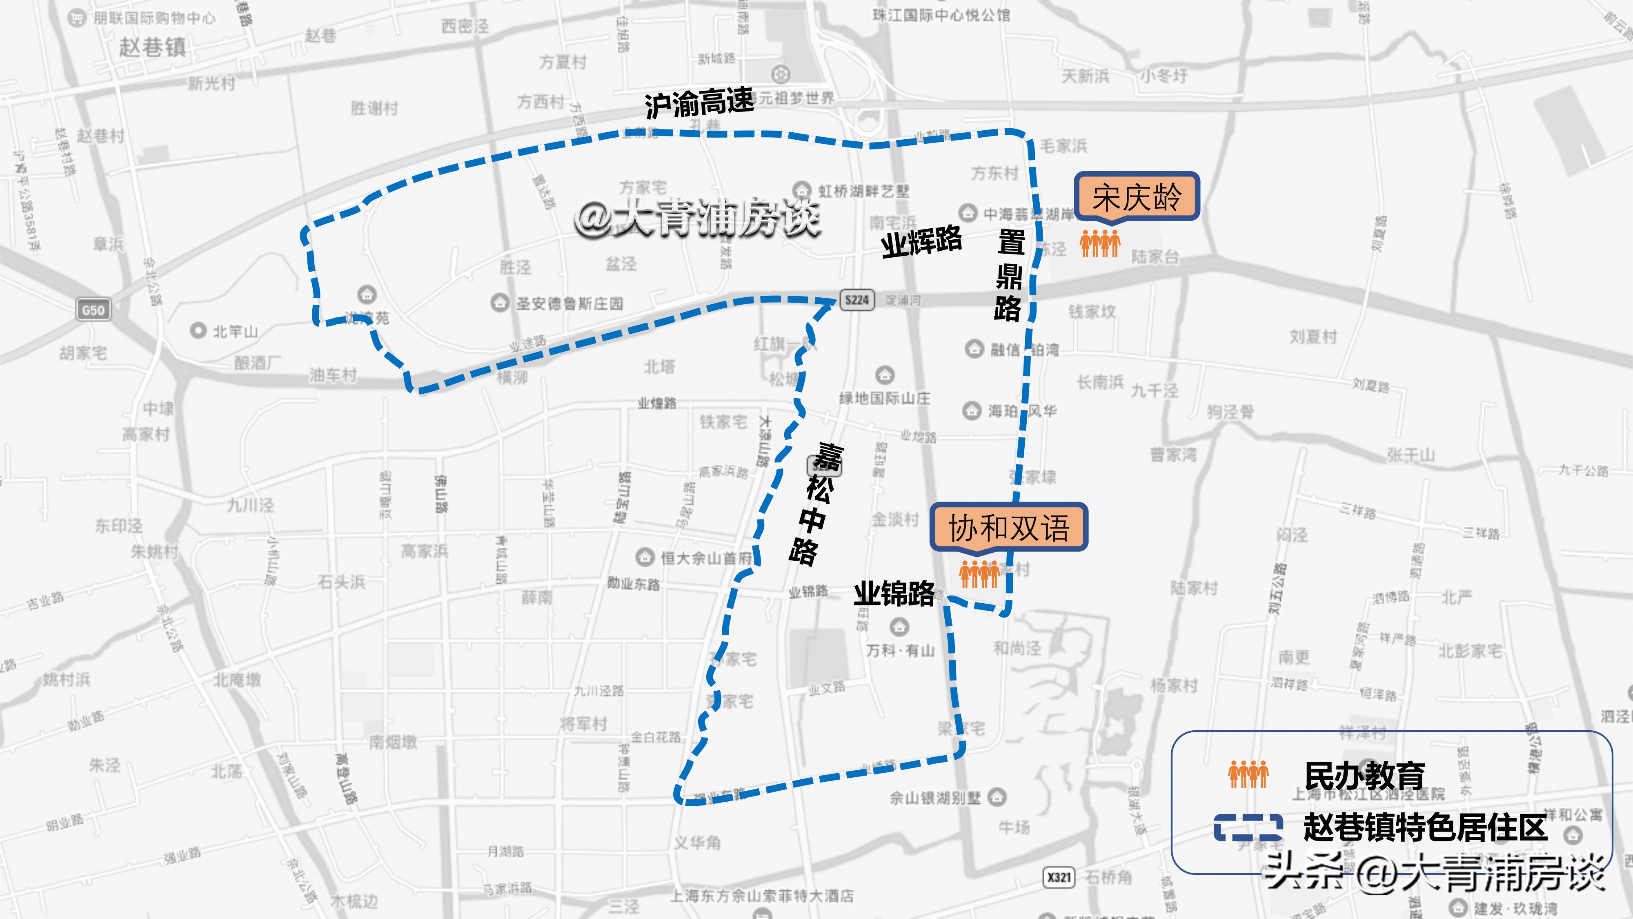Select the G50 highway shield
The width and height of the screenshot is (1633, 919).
click(x=93, y=310)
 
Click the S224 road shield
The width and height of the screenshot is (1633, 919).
click(x=857, y=300)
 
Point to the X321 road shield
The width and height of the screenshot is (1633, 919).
click(x=1059, y=877)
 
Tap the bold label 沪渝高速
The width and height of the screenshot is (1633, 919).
click(x=699, y=103)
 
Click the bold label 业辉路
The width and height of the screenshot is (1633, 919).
click(x=921, y=242)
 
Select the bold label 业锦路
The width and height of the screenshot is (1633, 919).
click(x=894, y=593)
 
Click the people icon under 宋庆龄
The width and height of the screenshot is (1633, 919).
click(x=1100, y=243)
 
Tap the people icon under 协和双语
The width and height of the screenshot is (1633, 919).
click(x=979, y=574)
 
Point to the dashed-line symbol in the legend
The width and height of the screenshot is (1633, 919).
click(x=1248, y=828)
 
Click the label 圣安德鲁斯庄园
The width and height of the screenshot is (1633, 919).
click(x=569, y=304)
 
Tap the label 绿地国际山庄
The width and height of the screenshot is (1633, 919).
click(x=885, y=398)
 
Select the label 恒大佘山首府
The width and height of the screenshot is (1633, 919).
click(x=705, y=558)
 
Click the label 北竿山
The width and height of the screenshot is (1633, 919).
click(x=235, y=331)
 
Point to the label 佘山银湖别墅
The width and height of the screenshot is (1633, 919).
click(x=935, y=797)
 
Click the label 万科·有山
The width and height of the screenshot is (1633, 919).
click(x=900, y=650)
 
